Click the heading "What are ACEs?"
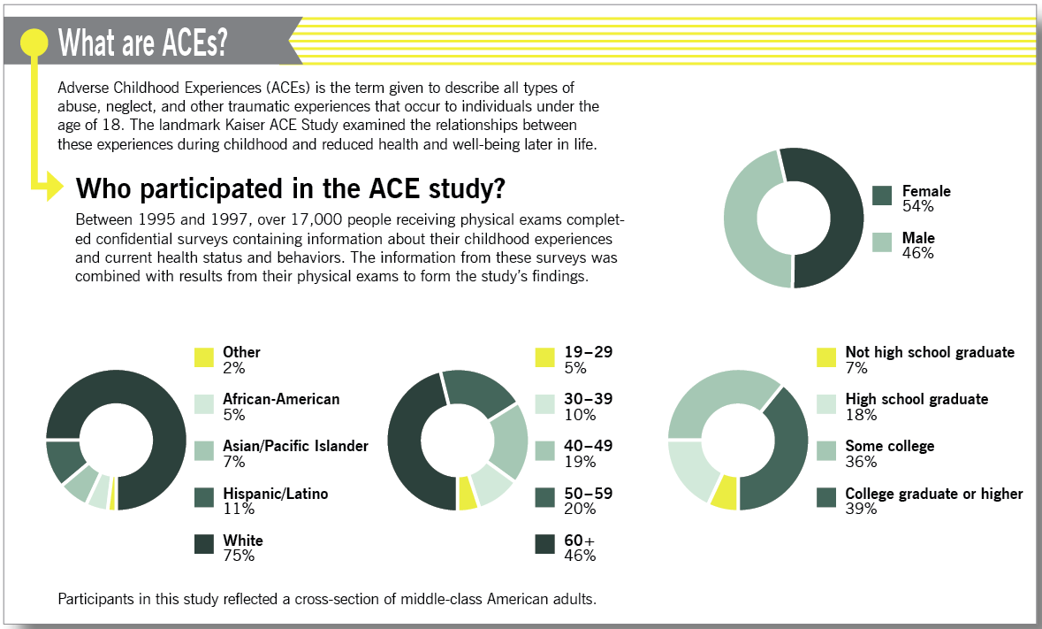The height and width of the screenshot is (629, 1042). point(141,42)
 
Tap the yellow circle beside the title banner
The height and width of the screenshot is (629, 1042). point(34,42)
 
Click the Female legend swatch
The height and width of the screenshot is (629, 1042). point(882,196)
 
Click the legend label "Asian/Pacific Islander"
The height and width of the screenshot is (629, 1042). point(295,446)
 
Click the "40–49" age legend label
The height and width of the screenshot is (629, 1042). point(588,446)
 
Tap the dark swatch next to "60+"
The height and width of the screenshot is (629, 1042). point(545,545)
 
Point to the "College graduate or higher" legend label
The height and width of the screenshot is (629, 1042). point(934,494)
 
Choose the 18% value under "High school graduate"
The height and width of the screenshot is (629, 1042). point(860,415)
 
